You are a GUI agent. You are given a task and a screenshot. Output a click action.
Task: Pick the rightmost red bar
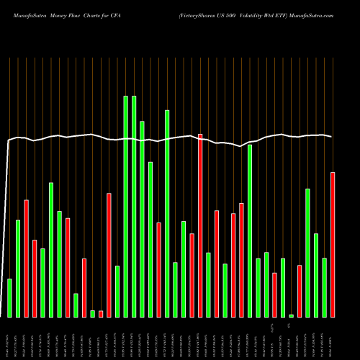pos(333,245)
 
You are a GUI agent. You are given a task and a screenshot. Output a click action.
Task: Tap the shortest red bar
pos(101,313)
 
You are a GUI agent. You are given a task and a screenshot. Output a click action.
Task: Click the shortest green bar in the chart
pos(291,315)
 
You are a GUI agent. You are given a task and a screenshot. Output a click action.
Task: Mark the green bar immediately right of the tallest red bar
pos(208,284)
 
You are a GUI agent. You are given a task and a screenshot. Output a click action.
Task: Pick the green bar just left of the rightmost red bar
pos(324,287)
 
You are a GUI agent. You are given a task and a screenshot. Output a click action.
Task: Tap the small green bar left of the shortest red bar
pos(92,313)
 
